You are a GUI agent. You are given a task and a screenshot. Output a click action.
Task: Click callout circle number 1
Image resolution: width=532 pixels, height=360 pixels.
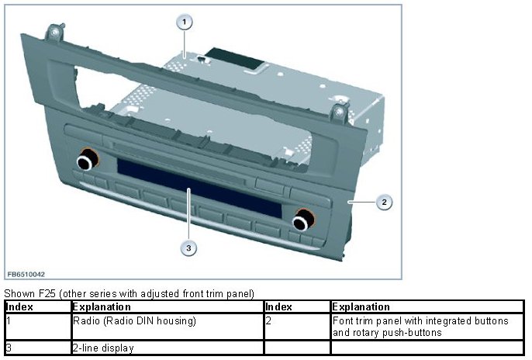coord(185,22)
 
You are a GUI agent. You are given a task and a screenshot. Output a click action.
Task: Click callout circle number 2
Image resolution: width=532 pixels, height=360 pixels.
coord(382,202)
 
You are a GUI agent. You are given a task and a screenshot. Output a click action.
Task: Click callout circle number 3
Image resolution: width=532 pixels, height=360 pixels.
coord(186,248)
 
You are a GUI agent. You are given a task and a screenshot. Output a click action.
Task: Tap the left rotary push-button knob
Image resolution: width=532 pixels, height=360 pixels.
coord(86,161)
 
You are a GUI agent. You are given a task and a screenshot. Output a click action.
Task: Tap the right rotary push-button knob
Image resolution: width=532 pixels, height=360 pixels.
coord(302,221)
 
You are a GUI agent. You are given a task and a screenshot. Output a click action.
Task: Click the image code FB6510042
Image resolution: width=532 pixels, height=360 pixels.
coord(26,275)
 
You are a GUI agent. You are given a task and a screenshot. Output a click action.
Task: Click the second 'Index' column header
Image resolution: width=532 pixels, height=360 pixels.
coord(278,307)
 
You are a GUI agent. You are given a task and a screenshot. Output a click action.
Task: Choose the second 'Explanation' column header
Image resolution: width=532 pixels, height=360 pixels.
coord(361,307)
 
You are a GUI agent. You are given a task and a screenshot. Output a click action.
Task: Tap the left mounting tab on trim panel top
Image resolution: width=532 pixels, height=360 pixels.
coord(55,34)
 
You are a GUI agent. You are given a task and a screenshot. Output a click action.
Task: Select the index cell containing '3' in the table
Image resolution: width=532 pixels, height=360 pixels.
coord(8,348)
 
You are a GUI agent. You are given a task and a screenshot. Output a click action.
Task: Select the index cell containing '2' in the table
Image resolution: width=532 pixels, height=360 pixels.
coord(268,320)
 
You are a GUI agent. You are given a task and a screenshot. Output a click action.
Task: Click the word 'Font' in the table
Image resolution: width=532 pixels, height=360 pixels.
coord(342,320)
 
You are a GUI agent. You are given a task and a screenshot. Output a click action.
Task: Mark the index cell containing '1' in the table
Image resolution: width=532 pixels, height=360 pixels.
coord(8,320)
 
